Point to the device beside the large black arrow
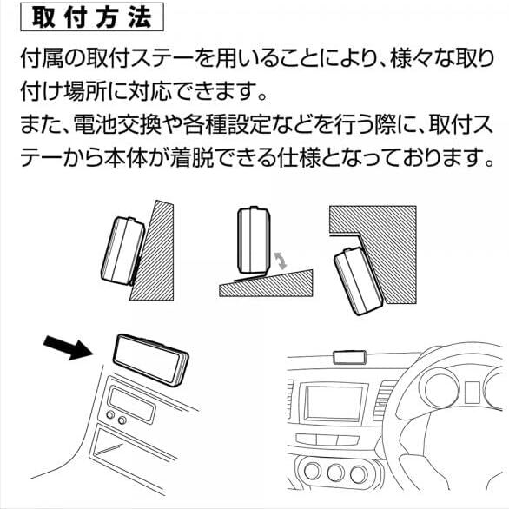pos(150,360)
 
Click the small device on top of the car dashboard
pos(349,357)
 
